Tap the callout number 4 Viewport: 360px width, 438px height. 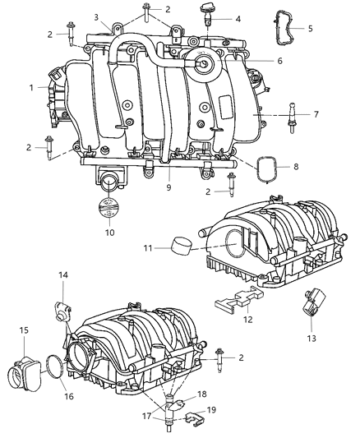238,18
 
